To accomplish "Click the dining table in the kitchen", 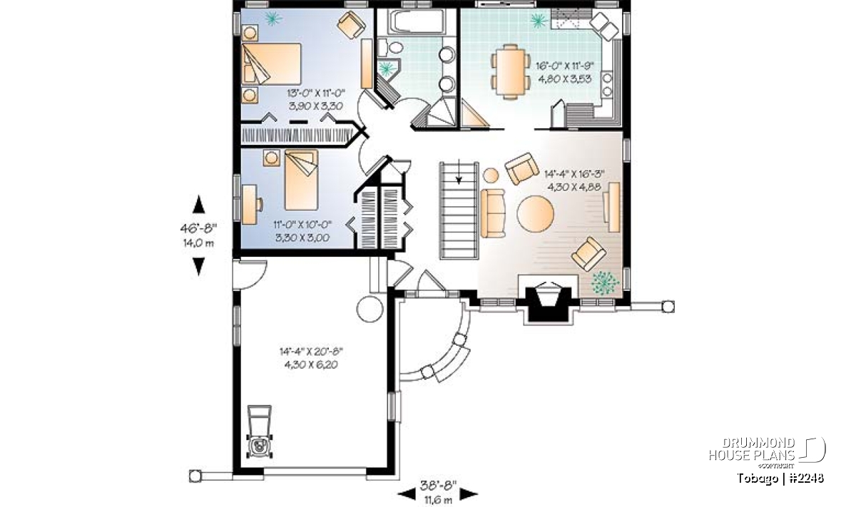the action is point(511,72).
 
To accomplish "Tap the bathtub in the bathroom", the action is point(417,21).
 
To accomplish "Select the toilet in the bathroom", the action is point(392,47).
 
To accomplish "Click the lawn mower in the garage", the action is point(260,431).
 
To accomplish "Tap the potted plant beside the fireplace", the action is point(605,282).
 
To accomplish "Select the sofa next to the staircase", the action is point(493,213).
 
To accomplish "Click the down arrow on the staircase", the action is point(459,177).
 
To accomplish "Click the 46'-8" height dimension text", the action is point(198,228).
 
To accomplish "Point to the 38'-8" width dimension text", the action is point(438,486).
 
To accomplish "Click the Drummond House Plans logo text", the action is point(752,449).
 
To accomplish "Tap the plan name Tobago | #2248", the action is point(780,478).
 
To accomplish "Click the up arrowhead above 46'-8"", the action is point(198,205).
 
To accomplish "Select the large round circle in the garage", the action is point(370,309).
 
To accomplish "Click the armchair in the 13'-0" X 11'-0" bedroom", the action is point(351,24).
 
